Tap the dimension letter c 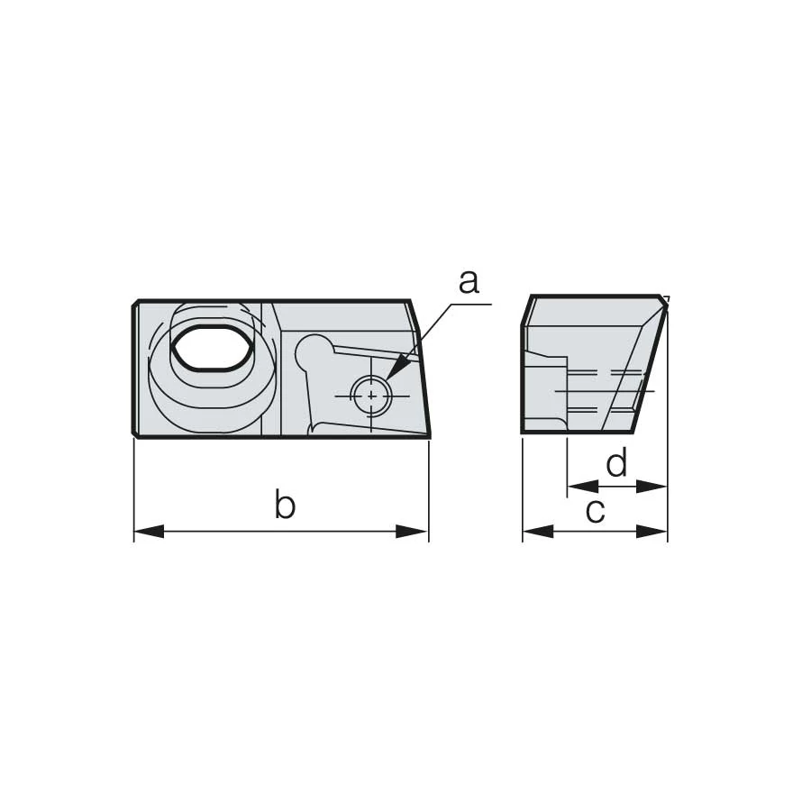coord(595,511)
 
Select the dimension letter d coord(616,462)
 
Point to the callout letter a coord(469,283)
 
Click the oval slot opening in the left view coord(214,347)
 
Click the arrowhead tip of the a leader coord(385,382)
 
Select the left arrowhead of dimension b coord(149,531)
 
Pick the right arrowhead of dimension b coord(412,531)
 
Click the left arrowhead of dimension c coord(538,531)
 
